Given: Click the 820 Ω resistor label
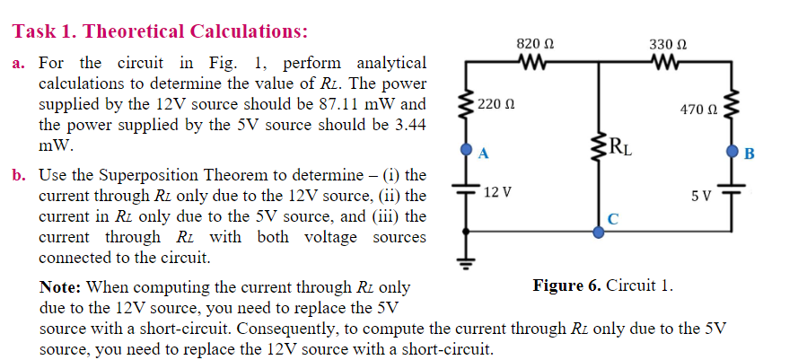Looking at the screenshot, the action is tap(536, 43).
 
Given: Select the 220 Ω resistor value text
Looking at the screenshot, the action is tap(497, 105).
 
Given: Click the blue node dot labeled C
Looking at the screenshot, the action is tap(600, 231).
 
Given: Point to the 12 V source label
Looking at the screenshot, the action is tap(496, 192).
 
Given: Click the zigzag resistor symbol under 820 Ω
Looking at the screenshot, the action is tap(536, 62).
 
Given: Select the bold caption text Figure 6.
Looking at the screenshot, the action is tap(566, 285).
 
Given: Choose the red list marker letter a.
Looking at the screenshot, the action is tap(18, 64).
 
